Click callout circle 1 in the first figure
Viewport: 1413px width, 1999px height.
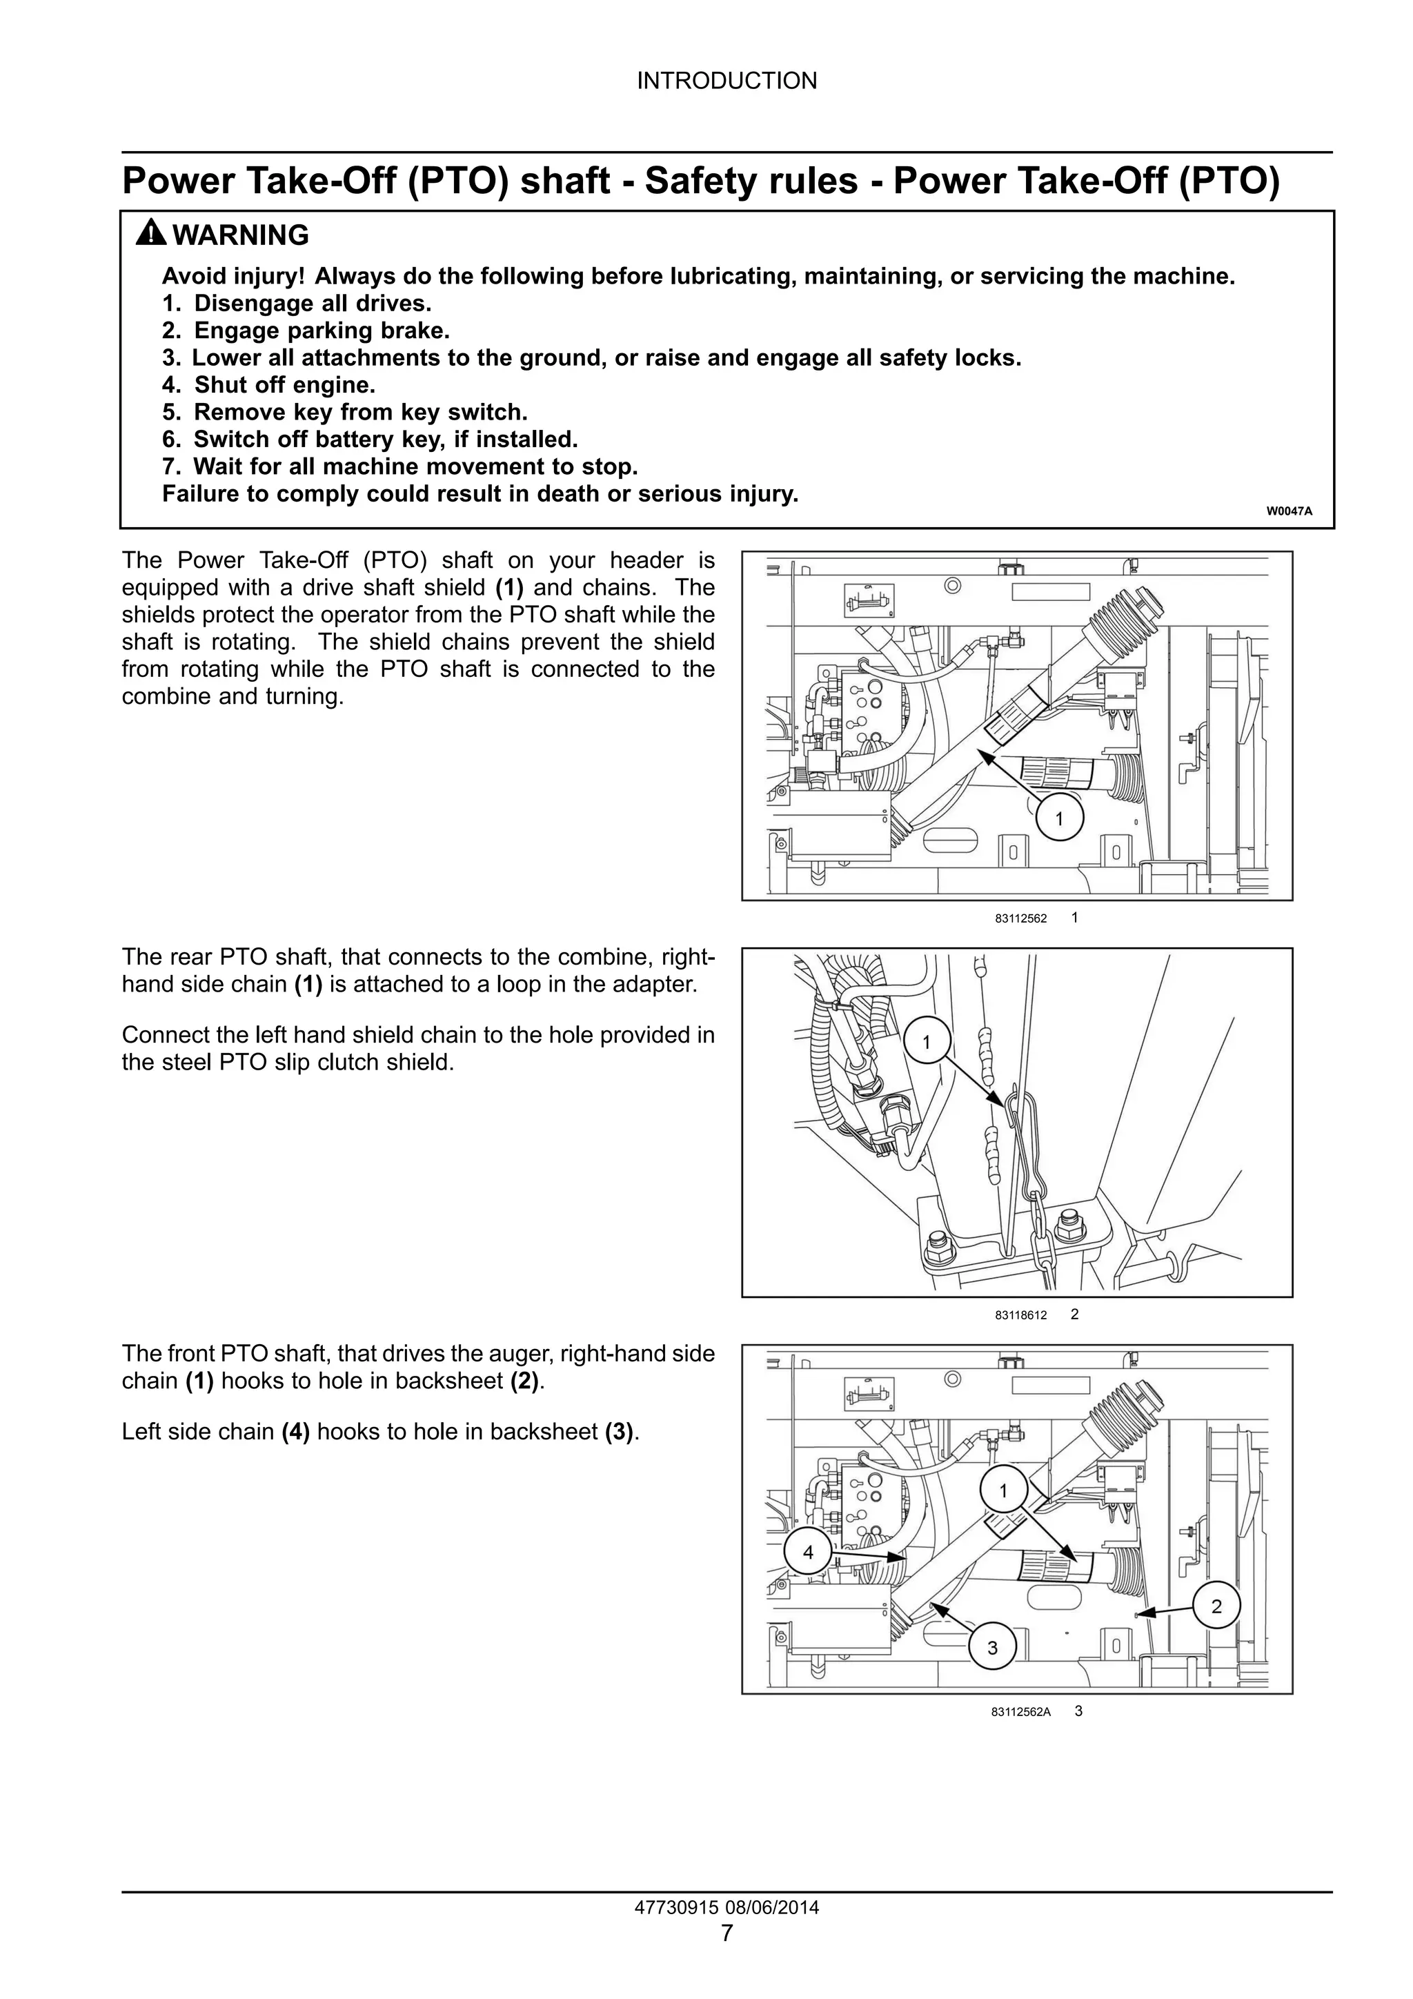click(1058, 818)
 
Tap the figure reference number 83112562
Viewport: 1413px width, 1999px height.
click(1020, 918)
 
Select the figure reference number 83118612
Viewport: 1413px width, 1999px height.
click(1020, 1316)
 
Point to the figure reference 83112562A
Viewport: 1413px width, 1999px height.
click(1020, 1712)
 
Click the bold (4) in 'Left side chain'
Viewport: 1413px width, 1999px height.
click(295, 1432)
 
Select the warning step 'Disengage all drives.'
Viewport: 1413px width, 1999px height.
click(312, 304)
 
